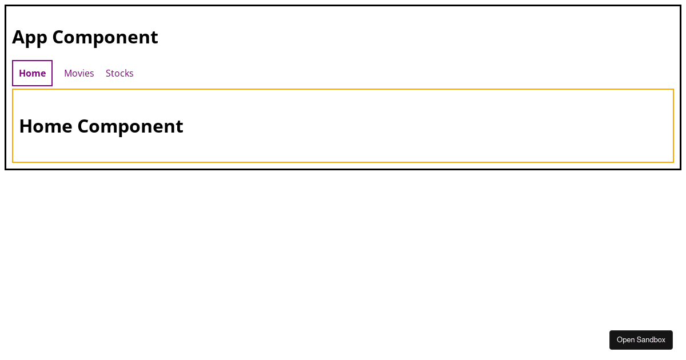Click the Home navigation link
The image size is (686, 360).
point(32,73)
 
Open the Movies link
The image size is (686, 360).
point(79,73)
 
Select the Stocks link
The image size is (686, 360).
point(119,73)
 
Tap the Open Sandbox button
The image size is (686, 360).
point(641,340)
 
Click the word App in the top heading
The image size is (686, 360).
point(30,38)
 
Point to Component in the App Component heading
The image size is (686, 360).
point(105,38)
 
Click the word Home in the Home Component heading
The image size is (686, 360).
point(46,126)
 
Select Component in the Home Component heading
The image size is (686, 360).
point(130,127)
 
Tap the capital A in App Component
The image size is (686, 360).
point(18,37)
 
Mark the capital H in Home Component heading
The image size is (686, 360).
point(26,126)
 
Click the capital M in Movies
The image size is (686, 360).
point(68,73)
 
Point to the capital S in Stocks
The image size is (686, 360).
point(109,73)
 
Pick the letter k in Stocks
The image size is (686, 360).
point(126,73)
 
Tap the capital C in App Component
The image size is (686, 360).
point(58,37)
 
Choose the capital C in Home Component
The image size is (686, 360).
point(83,126)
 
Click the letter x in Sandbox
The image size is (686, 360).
point(663,341)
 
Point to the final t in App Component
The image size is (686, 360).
point(155,38)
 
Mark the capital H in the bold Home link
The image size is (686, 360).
point(22,73)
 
